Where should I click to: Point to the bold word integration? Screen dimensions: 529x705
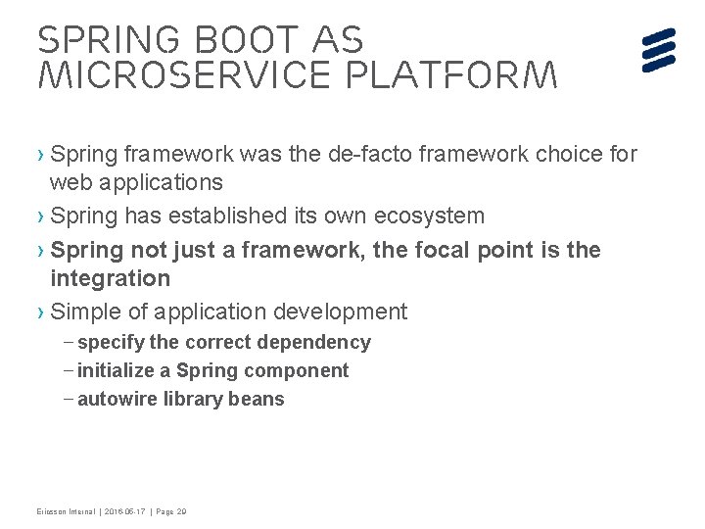[110, 278]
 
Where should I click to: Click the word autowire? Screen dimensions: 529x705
[117, 399]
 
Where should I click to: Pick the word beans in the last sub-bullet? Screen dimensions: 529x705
[258, 399]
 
